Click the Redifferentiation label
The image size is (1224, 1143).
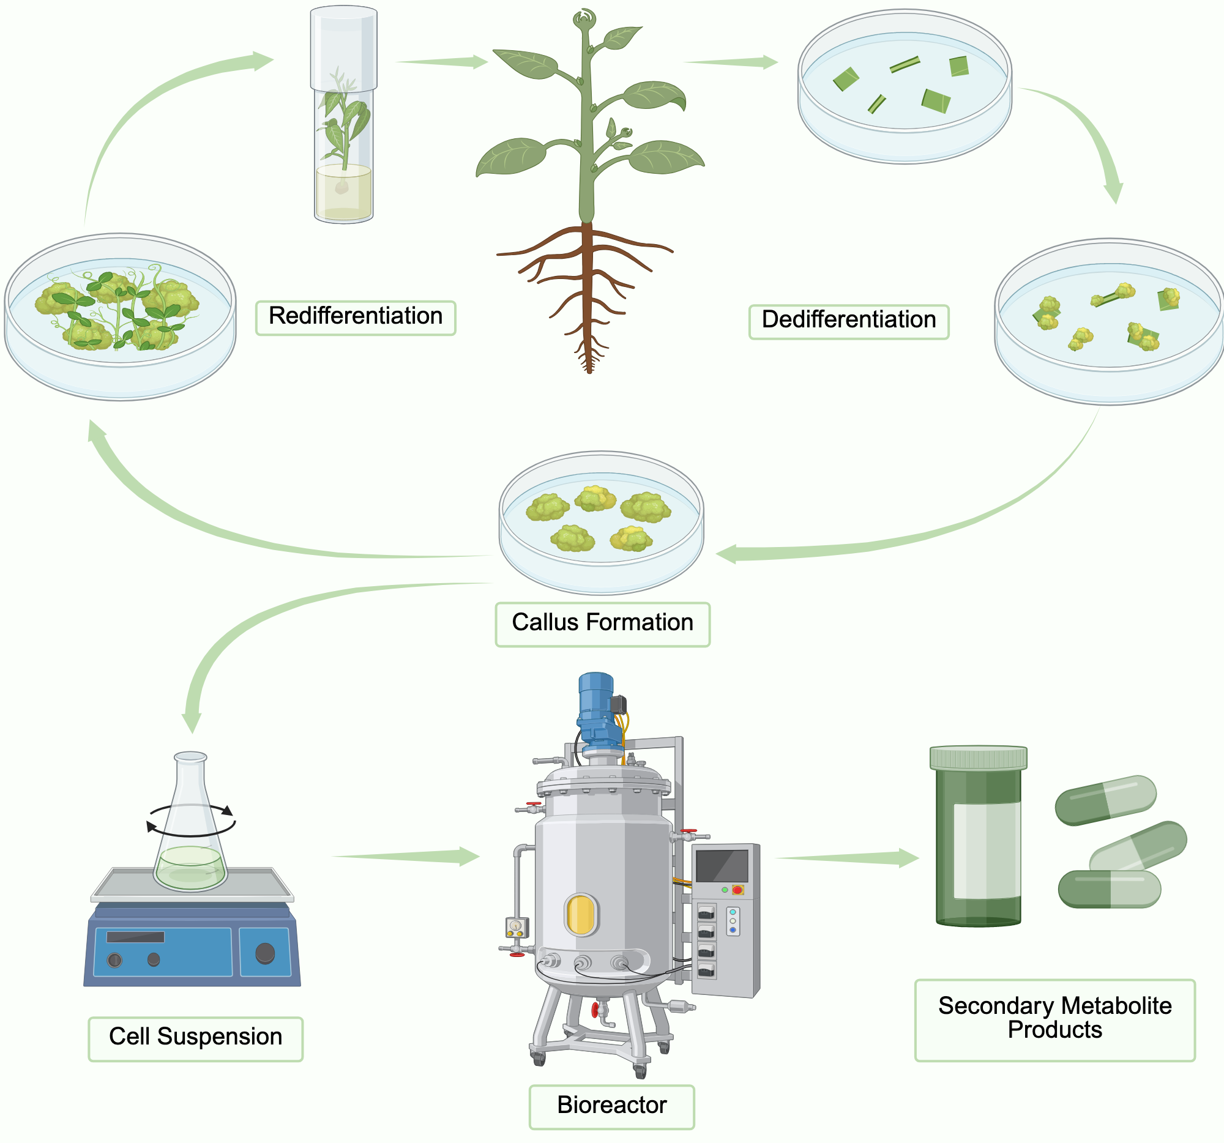(x=355, y=317)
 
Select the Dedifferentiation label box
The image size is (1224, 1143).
(x=848, y=321)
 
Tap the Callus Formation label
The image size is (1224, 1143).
(x=602, y=623)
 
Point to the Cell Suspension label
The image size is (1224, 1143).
(x=195, y=1037)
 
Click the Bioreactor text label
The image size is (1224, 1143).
(x=611, y=1106)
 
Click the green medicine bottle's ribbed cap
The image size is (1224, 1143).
(x=978, y=758)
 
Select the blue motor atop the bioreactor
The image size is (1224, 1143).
(x=596, y=708)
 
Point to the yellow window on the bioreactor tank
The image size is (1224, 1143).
(x=581, y=914)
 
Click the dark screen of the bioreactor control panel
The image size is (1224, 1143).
(x=722, y=865)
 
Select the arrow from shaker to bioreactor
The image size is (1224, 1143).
(x=406, y=856)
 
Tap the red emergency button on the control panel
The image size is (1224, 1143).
(x=737, y=890)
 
